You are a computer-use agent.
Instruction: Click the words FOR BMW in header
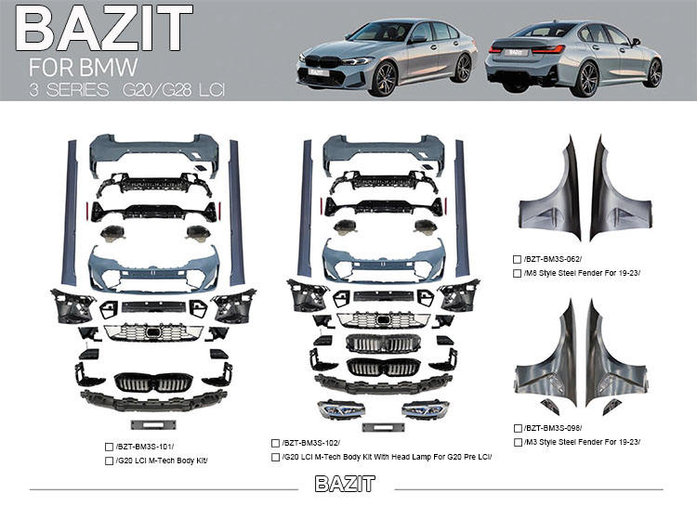tap(84, 67)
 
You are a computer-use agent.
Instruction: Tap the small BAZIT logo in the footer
tap(345, 484)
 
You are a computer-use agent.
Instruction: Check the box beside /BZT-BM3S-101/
tap(110, 447)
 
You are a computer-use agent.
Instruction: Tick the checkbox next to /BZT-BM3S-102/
tap(276, 444)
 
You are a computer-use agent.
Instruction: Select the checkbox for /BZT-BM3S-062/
tap(517, 259)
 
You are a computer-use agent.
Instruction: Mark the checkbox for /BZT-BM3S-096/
tap(517, 428)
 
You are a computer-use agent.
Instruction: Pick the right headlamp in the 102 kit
tap(426, 409)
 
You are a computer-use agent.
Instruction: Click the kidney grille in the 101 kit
tap(153, 381)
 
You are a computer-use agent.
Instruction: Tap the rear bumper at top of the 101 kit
tap(154, 152)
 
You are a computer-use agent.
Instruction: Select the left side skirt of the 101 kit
tap(68, 214)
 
